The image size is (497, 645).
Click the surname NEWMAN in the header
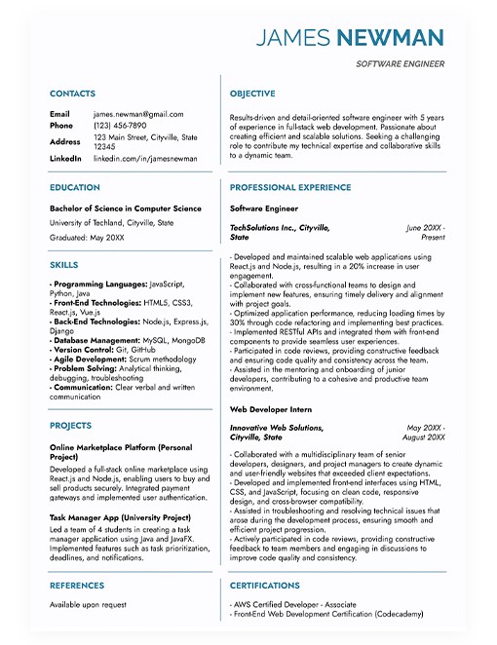coord(391,39)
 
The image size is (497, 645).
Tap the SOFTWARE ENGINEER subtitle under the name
coord(400,64)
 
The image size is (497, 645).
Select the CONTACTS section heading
coord(72,94)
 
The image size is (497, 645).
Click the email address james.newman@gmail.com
coord(138,114)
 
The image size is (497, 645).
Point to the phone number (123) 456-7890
coord(120,126)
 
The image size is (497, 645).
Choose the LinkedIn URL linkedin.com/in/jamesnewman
coord(145,158)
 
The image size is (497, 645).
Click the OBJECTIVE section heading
coord(255,94)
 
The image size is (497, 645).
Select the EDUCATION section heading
coord(75,187)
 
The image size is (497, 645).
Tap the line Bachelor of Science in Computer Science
coord(126,208)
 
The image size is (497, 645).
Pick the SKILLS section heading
coord(63,265)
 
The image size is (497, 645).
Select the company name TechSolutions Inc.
coord(266,227)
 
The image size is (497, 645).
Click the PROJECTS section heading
coord(70,426)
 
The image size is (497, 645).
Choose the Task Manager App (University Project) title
coord(120,517)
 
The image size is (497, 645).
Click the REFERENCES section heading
coord(77,586)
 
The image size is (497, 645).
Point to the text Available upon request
coord(88,605)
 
